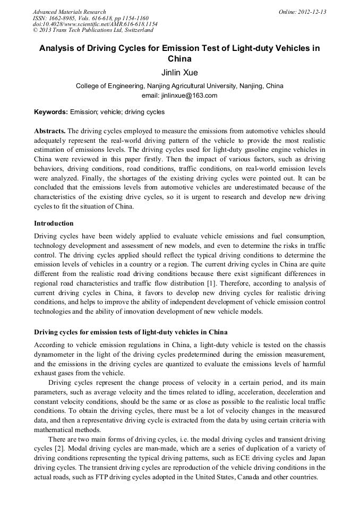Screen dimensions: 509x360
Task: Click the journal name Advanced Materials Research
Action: click(69, 12)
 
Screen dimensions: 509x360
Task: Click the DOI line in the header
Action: click(95, 24)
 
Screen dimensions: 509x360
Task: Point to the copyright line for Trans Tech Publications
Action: click(93, 30)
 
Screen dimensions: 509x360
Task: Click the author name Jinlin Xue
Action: click(179, 73)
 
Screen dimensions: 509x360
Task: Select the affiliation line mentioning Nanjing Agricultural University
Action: click(179, 85)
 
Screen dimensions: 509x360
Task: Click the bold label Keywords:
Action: click(51, 112)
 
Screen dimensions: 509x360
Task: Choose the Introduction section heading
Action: click(54, 223)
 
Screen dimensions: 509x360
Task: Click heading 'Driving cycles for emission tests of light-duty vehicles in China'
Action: click(131, 332)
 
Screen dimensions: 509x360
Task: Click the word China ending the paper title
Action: click(179, 59)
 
